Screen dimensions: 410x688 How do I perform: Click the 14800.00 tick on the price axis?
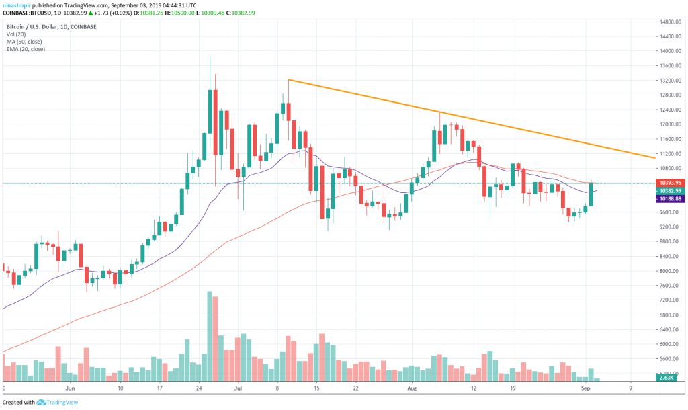(x=671, y=22)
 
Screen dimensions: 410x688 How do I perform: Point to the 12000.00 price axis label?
(x=671, y=124)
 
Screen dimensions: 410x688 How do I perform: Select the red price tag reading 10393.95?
(x=671, y=182)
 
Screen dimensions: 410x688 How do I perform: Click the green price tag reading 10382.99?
(x=671, y=191)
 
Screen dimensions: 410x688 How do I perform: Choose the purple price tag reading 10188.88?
(x=671, y=199)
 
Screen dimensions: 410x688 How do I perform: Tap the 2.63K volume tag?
(x=667, y=378)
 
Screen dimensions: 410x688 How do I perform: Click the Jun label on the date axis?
(x=70, y=388)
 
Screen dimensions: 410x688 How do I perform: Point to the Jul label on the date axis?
(x=237, y=388)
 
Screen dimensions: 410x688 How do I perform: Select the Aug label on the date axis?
(x=413, y=388)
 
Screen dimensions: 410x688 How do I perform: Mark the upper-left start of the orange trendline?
(x=288, y=80)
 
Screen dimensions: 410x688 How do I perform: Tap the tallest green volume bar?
(x=210, y=337)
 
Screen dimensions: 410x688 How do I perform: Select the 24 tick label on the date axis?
(x=199, y=388)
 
